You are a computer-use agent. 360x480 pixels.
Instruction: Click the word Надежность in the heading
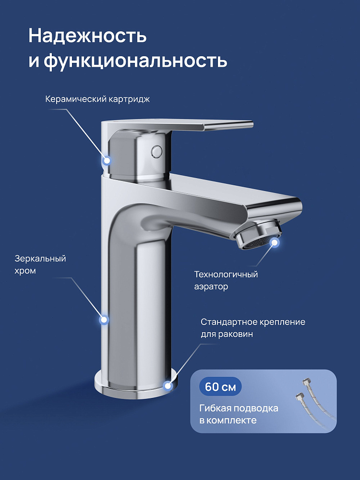[x=87, y=36]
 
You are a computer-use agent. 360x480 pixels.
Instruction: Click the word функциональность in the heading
[x=135, y=61]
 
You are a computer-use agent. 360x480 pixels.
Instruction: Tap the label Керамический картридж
[x=97, y=99]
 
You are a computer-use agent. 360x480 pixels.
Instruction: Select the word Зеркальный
[x=40, y=259]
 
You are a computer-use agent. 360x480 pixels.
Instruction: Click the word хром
[x=25, y=271]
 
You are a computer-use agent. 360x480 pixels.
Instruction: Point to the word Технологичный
[x=226, y=274]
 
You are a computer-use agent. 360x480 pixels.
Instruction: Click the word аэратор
[x=211, y=287]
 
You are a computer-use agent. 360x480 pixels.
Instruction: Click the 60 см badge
[x=220, y=386]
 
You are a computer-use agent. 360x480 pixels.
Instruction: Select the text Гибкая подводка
[x=239, y=408]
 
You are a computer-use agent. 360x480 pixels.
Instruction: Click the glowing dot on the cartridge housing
[x=107, y=160]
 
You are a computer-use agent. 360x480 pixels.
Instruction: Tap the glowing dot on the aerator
[x=275, y=242]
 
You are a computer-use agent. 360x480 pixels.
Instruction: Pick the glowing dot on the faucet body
[x=104, y=320]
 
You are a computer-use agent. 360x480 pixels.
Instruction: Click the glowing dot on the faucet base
[x=168, y=386]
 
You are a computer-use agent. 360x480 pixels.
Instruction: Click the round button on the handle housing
[x=156, y=151]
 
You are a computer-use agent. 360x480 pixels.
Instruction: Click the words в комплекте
[x=228, y=420]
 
